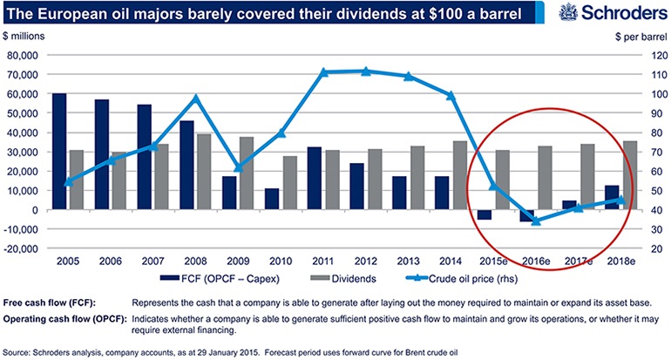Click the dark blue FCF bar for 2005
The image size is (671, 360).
(59, 151)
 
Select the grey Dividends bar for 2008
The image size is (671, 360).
(203, 172)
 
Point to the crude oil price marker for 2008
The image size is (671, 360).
(196, 98)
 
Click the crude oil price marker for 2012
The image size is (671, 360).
(365, 71)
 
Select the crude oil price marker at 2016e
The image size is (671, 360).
(535, 221)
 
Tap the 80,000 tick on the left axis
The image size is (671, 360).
(24, 54)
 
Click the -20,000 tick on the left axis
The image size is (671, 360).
(22, 248)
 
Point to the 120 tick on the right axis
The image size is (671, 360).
(654, 54)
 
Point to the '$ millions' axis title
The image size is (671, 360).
(26, 38)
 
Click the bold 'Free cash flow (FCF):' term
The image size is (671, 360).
(58, 302)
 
